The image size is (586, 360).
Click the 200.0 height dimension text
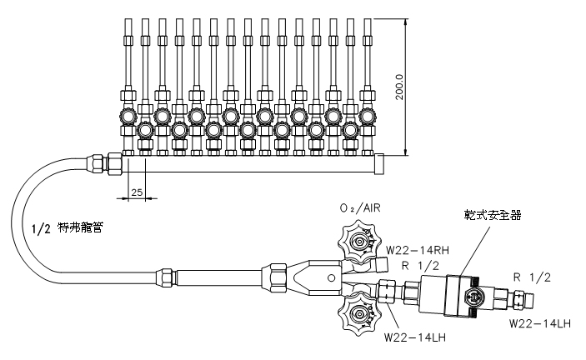(399, 87)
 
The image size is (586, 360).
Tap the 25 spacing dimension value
(137, 192)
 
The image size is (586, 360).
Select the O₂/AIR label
(360, 208)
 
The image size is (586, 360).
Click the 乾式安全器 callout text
(493, 215)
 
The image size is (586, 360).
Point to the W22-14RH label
(418, 249)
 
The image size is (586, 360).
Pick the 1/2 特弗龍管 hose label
(68, 227)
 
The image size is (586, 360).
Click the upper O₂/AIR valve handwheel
(359, 242)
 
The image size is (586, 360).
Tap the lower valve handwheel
(359, 313)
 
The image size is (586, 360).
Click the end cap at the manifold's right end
(379, 164)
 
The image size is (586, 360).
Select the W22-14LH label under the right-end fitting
(540, 323)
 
